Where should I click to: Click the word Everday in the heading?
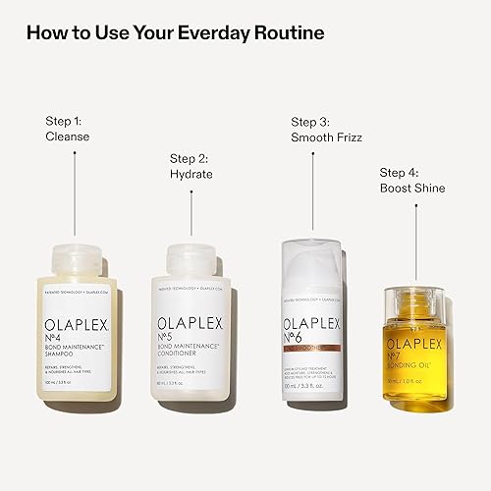coord(203,32)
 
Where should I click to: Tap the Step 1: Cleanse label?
coord(68,129)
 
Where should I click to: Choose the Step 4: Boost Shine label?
coord(411,181)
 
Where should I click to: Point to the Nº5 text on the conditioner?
coord(172,338)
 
